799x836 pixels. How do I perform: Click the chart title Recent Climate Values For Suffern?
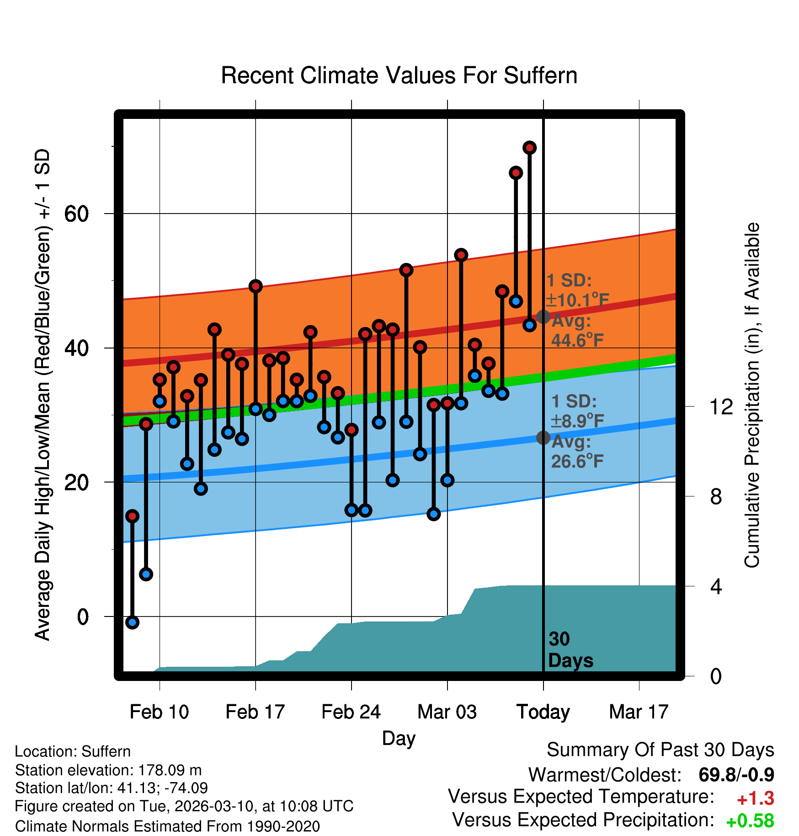399,75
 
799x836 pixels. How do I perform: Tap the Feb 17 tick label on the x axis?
255,712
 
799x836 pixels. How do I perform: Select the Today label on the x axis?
543,712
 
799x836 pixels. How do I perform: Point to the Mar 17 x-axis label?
639,712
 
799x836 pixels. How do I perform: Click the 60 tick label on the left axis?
76,214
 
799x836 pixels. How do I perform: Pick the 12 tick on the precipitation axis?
721,407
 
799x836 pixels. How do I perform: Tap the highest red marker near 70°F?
529,148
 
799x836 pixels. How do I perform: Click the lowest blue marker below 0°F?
132,622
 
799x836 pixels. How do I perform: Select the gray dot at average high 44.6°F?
543,316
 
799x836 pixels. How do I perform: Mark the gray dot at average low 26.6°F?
543,438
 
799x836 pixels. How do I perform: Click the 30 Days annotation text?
570,650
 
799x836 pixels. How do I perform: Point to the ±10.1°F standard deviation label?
577,300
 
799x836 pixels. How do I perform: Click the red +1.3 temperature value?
755,798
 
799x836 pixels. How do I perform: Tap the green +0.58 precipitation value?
750,821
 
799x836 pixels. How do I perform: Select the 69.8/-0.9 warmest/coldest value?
736,775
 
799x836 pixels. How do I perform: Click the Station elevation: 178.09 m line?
108,770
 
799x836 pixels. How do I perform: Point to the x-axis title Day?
399,738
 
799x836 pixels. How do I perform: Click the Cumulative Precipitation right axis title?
752,395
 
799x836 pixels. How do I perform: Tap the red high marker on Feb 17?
256,286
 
